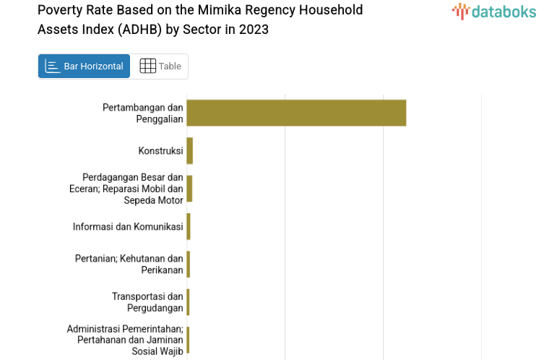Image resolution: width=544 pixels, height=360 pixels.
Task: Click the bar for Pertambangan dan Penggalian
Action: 296,113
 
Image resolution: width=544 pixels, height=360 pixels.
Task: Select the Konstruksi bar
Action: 190,150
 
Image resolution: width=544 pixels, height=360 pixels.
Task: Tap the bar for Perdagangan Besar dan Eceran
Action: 189,188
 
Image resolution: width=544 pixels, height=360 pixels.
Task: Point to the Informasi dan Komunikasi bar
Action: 189,226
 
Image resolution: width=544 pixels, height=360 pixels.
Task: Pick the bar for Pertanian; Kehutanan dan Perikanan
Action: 189,264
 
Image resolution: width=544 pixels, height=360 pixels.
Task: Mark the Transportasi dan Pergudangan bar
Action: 188,302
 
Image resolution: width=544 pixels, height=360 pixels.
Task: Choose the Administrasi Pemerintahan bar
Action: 188,340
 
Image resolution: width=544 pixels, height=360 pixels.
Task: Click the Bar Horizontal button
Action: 84,67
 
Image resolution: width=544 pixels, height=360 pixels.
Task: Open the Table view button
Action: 160,67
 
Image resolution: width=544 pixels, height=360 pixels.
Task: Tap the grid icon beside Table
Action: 147,67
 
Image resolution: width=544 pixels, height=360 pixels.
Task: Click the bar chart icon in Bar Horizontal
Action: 53,67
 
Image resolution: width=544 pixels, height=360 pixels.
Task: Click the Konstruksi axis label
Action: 160,151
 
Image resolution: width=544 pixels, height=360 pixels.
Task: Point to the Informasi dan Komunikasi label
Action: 128,227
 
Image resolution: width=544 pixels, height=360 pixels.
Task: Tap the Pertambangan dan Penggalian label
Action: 142,113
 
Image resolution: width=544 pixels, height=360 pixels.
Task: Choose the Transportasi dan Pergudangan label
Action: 147,302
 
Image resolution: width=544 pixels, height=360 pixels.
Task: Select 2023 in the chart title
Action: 254,30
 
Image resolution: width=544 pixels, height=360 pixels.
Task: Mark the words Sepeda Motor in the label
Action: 153,200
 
